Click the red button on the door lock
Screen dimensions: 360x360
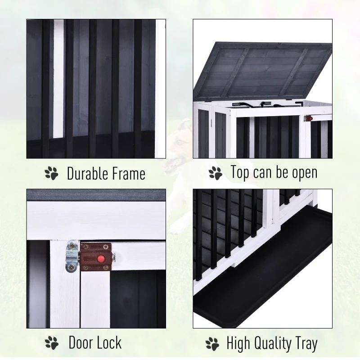[101, 259]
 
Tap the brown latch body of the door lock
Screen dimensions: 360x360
[96, 257]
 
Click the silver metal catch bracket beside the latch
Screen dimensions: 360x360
[72, 256]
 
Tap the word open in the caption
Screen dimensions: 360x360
[305, 173]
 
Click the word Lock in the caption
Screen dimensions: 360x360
[108, 342]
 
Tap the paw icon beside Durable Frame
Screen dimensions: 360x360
[52, 173]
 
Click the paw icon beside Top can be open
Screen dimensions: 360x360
[216, 173]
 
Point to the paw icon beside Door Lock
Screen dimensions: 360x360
[52, 343]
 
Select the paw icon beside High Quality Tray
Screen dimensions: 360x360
[212, 344]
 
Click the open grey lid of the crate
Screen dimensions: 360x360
[262, 71]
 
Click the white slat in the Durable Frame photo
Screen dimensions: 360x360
[58, 79]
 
